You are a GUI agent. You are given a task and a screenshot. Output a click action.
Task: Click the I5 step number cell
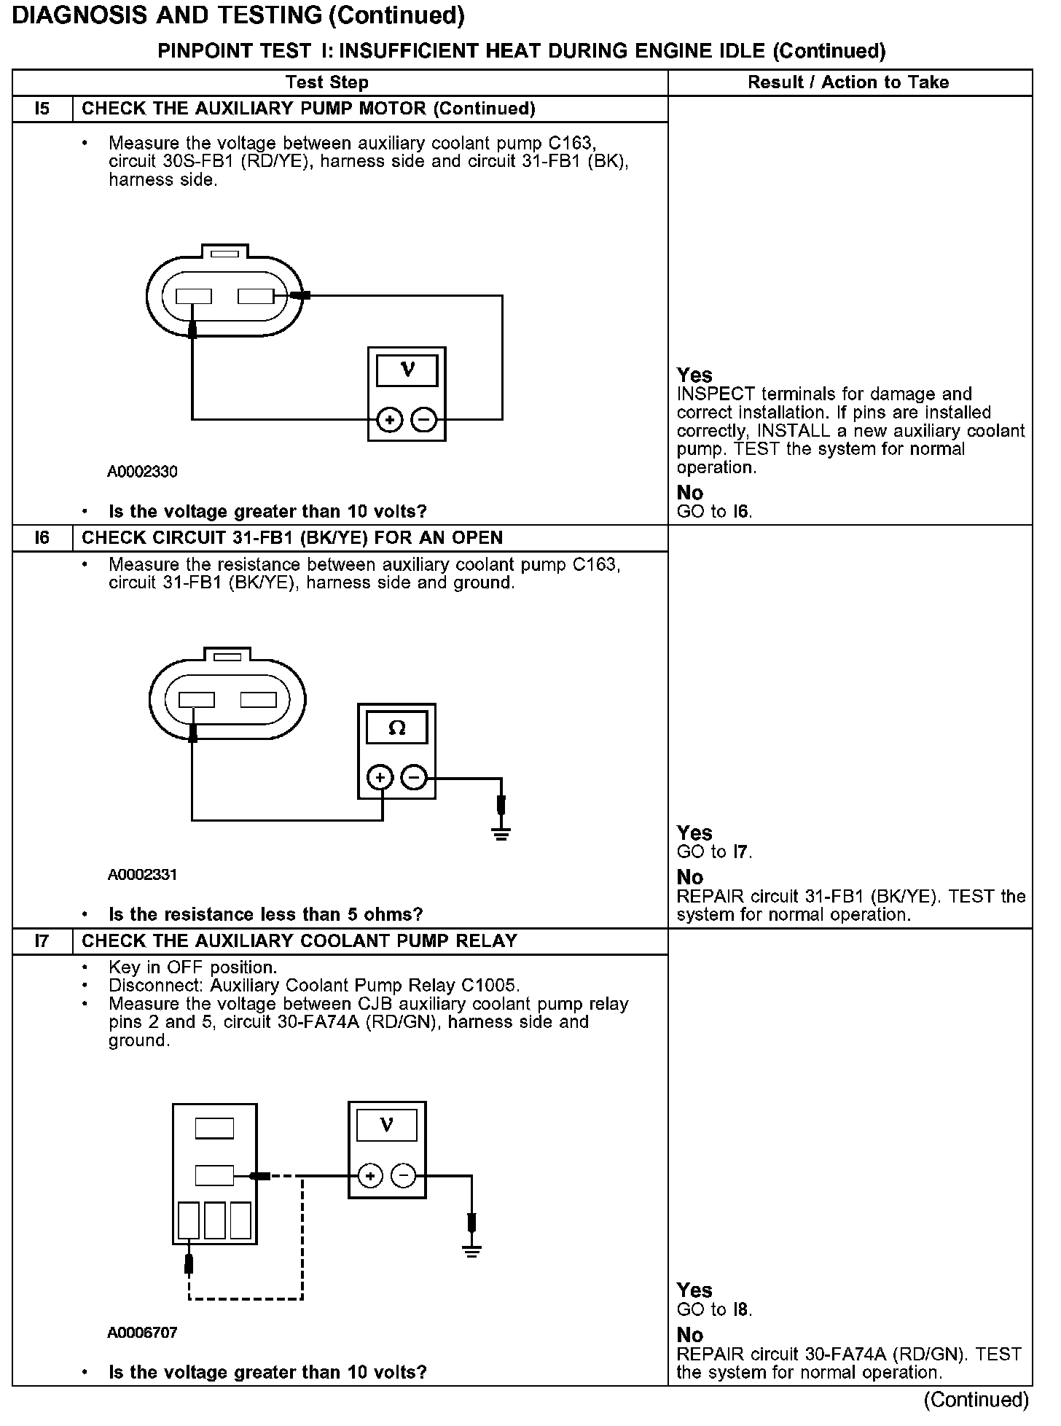(42, 109)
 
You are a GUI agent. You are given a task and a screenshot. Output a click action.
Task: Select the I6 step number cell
(42, 538)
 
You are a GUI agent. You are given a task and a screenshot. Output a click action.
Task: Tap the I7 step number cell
(42, 941)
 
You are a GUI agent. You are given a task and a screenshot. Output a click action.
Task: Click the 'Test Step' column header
(326, 82)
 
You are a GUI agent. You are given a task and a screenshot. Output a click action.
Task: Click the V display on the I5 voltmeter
(407, 370)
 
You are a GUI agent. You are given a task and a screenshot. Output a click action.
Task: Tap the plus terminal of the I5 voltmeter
(390, 420)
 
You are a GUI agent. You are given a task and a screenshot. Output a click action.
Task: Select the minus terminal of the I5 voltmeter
(423, 420)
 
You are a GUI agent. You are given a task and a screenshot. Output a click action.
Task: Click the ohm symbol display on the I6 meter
(396, 728)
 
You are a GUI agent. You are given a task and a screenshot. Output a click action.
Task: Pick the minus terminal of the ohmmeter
(414, 778)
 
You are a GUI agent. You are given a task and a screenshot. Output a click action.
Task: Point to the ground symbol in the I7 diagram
(471, 1252)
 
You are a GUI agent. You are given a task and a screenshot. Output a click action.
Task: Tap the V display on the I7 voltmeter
(387, 1126)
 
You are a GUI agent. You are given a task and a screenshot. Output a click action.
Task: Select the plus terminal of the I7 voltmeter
(370, 1175)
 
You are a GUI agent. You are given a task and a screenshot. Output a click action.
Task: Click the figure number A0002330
(142, 472)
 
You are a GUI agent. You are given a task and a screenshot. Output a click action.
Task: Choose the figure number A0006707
(142, 1333)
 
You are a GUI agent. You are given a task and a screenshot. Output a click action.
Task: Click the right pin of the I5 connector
(256, 296)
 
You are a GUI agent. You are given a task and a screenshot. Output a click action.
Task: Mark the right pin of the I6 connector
(258, 700)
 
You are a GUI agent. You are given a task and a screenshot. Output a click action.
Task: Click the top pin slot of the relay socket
(214, 1129)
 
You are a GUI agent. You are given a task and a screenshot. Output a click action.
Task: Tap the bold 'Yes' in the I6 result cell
(694, 833)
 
